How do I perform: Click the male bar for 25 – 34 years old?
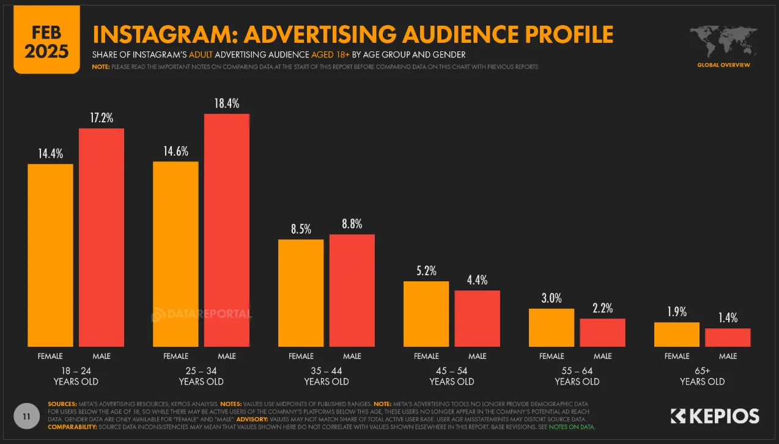coord(226,230)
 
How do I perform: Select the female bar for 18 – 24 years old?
coord(50,255)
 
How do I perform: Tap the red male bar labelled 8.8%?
coord(352,290)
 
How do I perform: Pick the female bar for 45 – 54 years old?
coord(426,314)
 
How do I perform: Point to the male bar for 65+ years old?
coord(728,338)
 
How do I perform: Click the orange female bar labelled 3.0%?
coord(552,327)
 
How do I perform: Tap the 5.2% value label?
coord(426,270)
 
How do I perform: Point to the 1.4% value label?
coord(728,317)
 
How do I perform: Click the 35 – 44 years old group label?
coord(327,376)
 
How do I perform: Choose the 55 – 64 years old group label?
coord(577,376)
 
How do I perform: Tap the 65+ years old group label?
coord(702,376)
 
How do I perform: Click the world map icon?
coord(723,42)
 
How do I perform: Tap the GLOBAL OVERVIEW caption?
coord(723,65)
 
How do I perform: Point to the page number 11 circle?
coord(26,416)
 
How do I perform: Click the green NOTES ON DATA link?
coord(575,426)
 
